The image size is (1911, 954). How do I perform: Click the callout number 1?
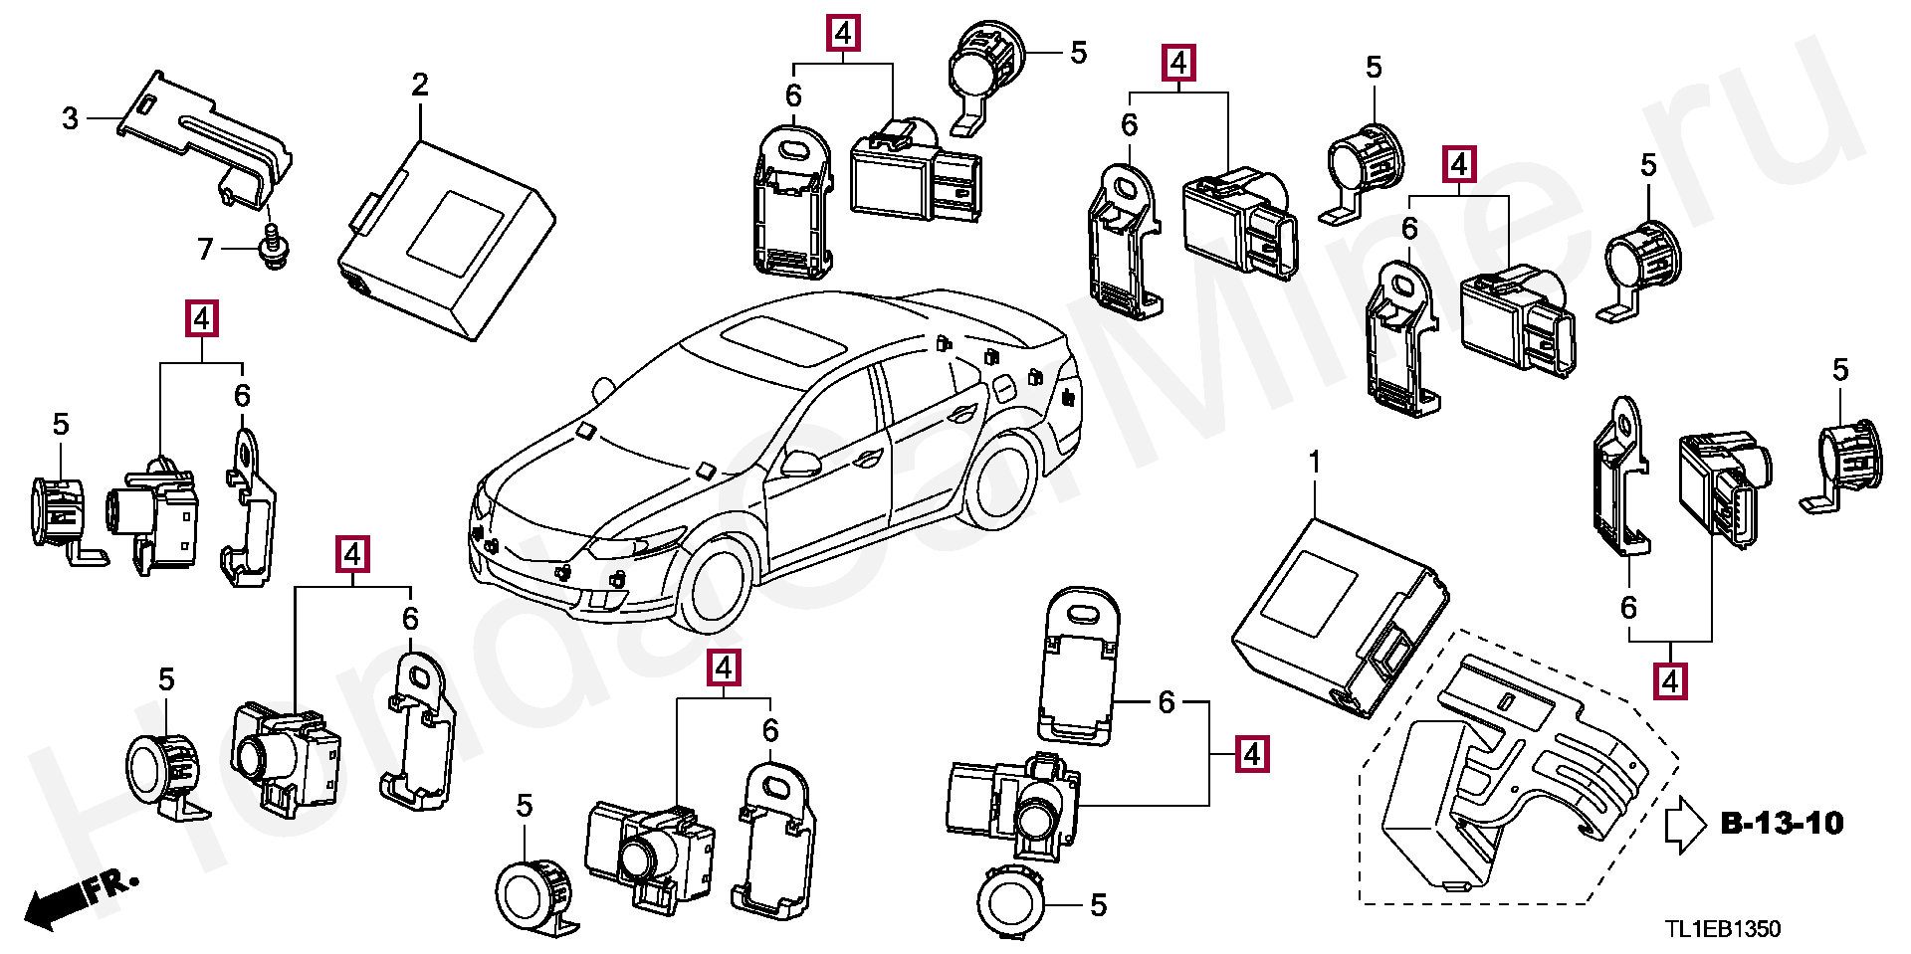tap(1314, 463)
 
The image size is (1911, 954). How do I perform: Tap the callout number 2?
tap(420, 85)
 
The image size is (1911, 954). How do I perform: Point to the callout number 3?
tap(70, 118)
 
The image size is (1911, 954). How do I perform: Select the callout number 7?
tap(205, 248)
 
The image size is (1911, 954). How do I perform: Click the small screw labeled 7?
tap(271, 247)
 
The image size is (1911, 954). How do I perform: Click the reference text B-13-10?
tap(1782, 824)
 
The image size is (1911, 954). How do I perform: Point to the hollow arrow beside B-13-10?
tap(1684, 825)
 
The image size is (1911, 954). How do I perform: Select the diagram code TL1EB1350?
tap(1723, 929)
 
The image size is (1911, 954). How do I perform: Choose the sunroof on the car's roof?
tap(784, 339)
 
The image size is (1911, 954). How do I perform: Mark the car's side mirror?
tap(800, 462)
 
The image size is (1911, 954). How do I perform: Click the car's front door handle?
tap(866, 459)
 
